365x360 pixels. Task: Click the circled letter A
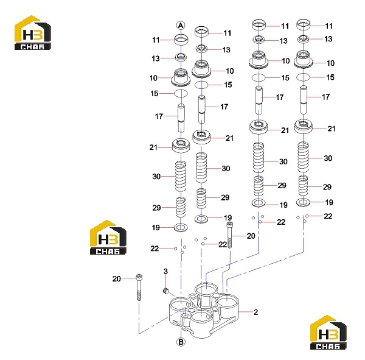pyautogui.click(x=181, y=26)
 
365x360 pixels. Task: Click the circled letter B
pyautogui.click(x=181, y=342)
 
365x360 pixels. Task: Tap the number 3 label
pyautogui.click(x=165, y=271)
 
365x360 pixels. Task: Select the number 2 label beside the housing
pyautogui.click(x=255, y=312)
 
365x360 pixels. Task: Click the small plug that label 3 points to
pyautogui.click(x=165, y=291)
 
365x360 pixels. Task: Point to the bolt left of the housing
pyautogui.click(x=139, y=288)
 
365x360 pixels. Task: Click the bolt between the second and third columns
pyautogui.click(x=230, y=235)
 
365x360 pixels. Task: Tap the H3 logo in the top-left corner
pyautogui.click(x=33, y=33)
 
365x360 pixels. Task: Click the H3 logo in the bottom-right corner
pyautogui.click(x=328, y=332)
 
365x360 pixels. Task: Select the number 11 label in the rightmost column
pyautogui.click(x=328, y=26)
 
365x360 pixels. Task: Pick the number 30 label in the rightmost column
pyautogui.click(x=328, y=158)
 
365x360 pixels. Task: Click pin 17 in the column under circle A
pyautogui.click(x=181, y=118)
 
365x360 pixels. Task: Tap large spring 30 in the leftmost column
pyautogui.click(x=181, y=177)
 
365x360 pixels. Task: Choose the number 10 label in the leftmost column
pyautogui.click(x=153, y=78)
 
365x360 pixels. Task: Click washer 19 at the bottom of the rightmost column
pyautogui.click(x=303, y=202)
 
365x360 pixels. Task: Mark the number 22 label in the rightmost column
pyautogui.click(x=328, y=216)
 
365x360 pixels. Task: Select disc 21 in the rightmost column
pyautogui.click(x=304, y=127)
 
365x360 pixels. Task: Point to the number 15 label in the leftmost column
pyautogui.click(x=154, y=93)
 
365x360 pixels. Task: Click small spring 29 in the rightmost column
pyautogui.click(x=303, y=186)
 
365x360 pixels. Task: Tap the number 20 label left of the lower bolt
pyautogui.click(x=117, y=278)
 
